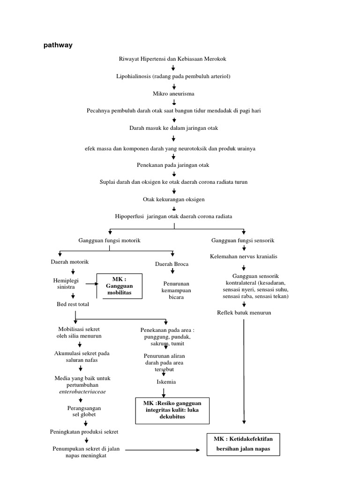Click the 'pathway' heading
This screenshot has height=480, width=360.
58,45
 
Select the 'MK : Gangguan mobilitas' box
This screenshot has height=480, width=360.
119,286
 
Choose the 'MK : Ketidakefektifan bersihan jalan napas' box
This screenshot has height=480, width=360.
243,443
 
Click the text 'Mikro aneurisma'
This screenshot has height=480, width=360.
173,94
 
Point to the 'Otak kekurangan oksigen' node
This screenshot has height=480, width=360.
173,199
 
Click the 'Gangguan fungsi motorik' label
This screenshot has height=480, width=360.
109,240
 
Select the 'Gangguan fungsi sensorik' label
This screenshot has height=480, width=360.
243,240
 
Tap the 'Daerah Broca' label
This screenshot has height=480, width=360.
172,264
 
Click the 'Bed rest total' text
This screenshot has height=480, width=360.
73,304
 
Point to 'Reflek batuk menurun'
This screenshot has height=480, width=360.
244,313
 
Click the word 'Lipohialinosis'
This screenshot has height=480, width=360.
136,76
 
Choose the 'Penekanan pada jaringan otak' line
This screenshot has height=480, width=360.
173,165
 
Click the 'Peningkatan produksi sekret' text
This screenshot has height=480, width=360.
84,431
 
